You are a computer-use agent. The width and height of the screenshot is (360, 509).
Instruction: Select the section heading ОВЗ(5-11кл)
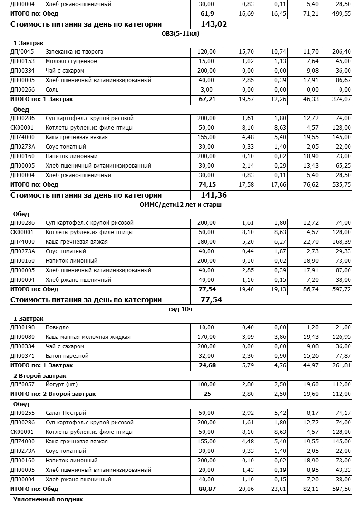(181, 34)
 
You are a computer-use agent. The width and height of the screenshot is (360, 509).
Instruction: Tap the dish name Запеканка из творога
(74, 52)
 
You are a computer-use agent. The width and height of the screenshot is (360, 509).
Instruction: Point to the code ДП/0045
(22, 52)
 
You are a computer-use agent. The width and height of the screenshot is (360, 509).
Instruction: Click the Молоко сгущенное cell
(71, 61)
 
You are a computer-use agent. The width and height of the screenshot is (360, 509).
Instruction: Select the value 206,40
(341, 52)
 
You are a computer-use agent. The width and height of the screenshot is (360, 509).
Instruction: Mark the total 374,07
(341, 99)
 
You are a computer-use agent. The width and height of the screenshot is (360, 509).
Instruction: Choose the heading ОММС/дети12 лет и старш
(181, 205)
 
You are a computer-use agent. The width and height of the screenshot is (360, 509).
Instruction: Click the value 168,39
(341, 242)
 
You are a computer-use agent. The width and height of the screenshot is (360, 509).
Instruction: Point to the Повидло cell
(57, 327)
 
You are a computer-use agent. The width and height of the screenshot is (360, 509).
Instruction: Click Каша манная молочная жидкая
(88, 337)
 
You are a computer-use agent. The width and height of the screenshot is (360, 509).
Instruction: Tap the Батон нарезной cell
(67, 356)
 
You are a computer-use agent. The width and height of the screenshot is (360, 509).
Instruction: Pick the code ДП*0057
(22, 384)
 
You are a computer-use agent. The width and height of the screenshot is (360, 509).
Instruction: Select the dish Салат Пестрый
(66, 413)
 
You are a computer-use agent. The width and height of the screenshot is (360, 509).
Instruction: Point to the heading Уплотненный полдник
(48, 499)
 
